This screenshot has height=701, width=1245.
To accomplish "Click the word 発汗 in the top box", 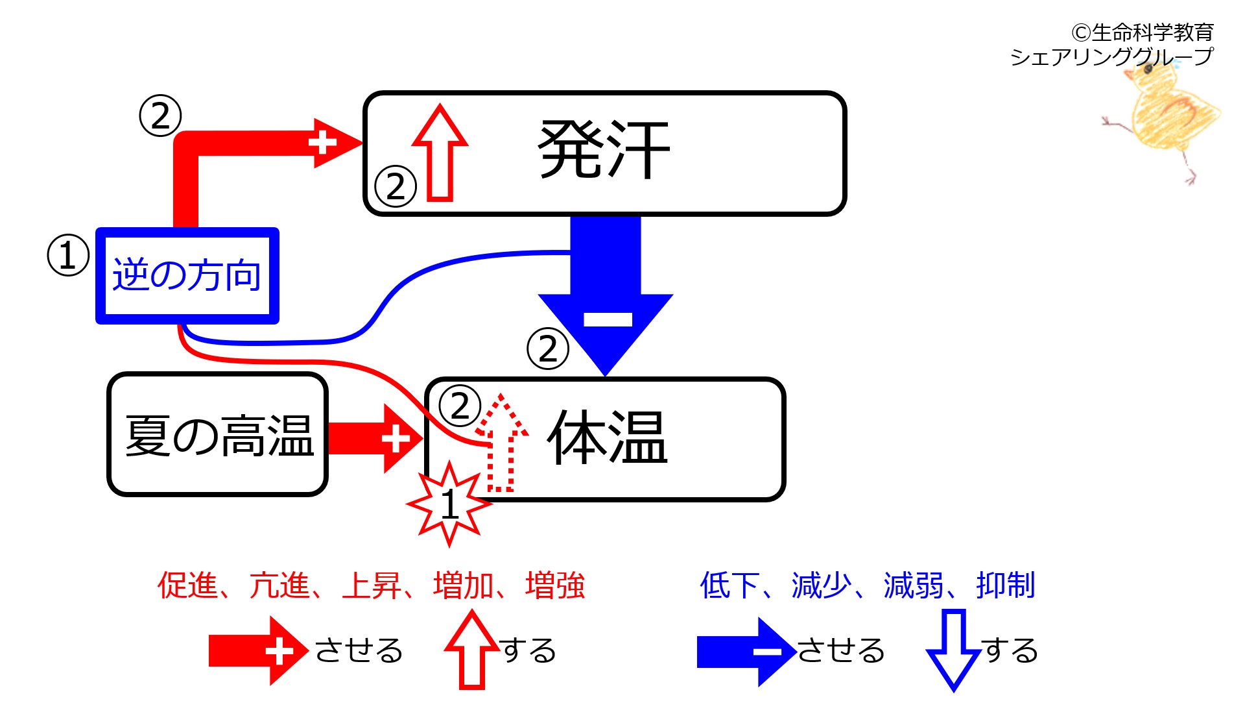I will (604, 151).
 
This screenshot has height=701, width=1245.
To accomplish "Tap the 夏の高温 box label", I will (219, 436).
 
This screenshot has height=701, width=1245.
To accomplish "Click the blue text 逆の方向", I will (187, 275).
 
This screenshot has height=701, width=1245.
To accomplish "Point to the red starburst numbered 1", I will (449, 504).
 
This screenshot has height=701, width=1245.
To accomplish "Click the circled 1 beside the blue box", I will (68, 255).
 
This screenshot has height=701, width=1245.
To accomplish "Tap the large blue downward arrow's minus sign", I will (608, 319).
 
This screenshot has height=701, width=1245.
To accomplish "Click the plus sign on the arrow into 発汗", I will (322, 143).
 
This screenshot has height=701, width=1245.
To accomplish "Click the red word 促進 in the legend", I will (187, 585).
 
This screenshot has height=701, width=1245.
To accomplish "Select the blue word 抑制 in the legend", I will (1005, 585).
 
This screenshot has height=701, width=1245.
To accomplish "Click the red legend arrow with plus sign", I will (258, 651).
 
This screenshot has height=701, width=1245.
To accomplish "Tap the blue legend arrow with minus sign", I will (746, 651).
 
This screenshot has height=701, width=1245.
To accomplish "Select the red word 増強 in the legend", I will (555, 585).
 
